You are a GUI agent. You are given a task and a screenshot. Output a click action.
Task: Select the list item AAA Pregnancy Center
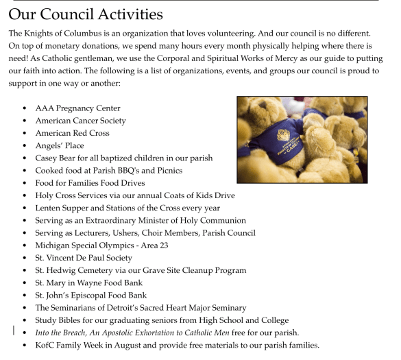(77, 108)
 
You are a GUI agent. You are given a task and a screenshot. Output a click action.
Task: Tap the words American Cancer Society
(80, 121)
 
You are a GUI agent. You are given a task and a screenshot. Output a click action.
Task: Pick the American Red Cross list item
(72, 133)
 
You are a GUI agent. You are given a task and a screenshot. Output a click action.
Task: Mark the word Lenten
(49, 208)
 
